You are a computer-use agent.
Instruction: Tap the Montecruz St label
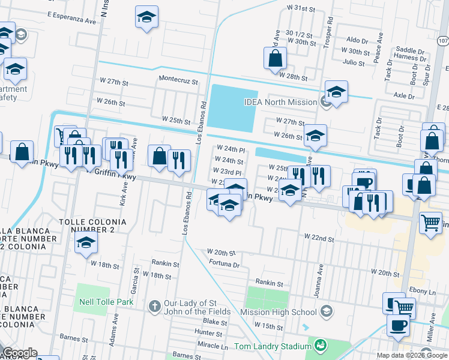[x=178, y=79]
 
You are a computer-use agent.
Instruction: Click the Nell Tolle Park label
[x=104, y=302]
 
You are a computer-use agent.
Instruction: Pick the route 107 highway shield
[x=442, y=41]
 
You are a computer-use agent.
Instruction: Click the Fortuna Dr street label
[x=224, y=264]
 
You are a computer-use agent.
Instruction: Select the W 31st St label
[x=301, y=8]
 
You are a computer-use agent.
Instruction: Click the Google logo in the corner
[x=20, y=353]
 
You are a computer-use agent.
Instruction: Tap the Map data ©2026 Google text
[x=412, y=355]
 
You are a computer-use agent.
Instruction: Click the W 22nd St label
[x=319, y=238]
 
